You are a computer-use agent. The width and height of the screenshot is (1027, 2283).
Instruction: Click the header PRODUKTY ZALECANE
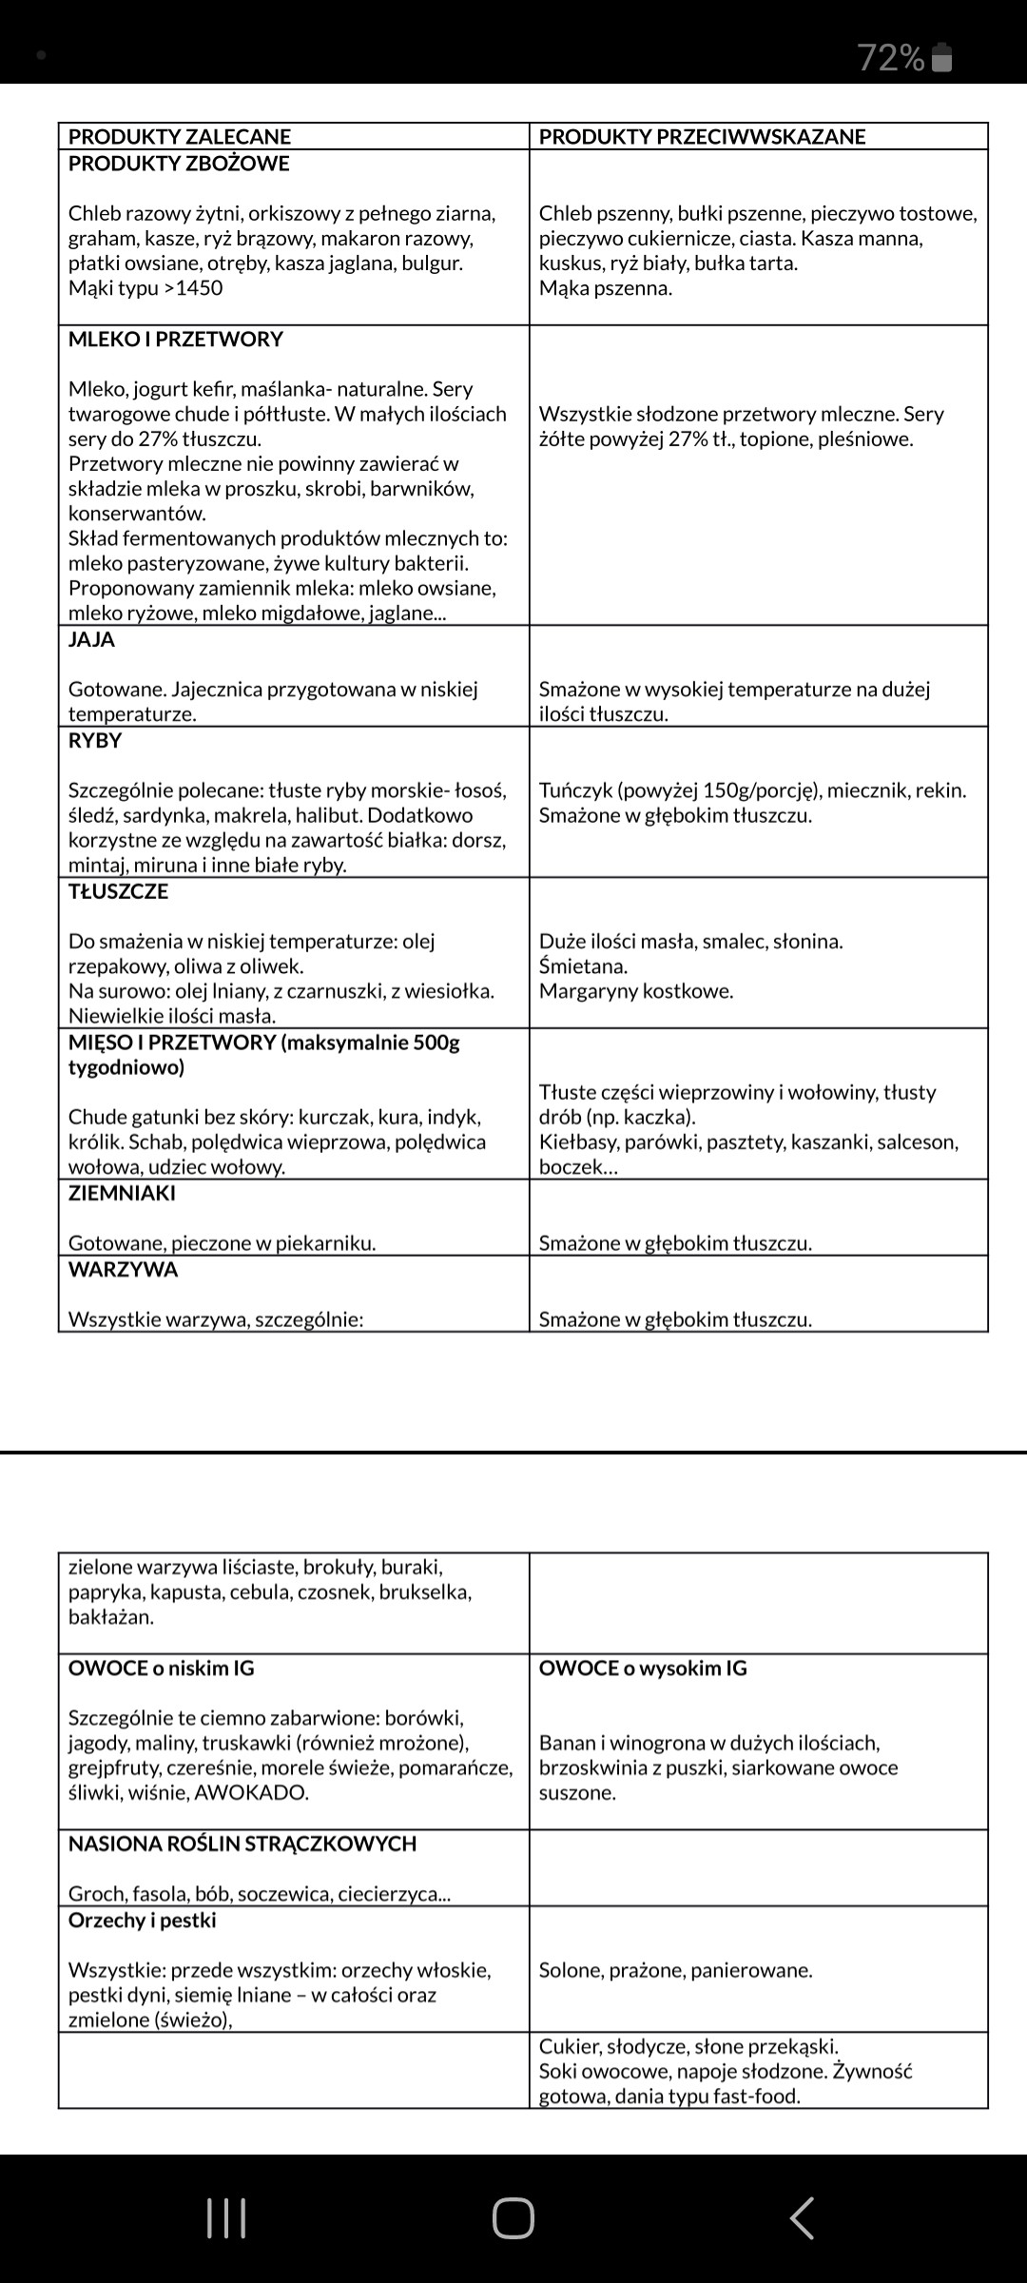click(180, 137)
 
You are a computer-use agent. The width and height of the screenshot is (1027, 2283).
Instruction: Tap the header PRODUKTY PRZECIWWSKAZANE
click(702, 137)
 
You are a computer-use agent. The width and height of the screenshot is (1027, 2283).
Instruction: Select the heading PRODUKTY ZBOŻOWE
click(179, 164)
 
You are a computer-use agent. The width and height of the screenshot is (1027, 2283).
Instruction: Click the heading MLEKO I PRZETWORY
click(176, 340)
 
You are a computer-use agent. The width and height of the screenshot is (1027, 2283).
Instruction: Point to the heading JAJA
click(91, 640)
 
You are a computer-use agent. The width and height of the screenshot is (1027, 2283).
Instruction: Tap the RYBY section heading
click(95, 741)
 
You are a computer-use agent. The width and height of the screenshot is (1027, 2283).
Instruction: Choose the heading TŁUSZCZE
click(118, 892)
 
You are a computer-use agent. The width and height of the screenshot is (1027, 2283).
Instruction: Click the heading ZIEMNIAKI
click(122, 1194)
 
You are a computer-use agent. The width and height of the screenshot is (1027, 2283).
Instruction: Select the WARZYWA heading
click(123, 1270)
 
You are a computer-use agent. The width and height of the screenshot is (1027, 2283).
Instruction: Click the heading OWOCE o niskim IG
click(161, 1668)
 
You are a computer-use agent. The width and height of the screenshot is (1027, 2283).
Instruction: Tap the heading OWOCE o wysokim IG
click(643, 1668)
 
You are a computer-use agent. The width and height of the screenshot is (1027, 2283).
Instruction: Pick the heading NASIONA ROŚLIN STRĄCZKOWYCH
click(242, 1844)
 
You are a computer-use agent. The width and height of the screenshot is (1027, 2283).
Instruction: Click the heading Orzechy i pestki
click(142, 1921)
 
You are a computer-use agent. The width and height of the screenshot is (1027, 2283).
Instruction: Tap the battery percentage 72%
click(891, 58)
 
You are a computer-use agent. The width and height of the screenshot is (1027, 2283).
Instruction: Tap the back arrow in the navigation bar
click(802, 2218)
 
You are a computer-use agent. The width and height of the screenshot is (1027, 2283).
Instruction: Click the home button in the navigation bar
click(513, 2218)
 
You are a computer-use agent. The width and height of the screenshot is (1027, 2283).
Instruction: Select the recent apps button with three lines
click(226, 2218)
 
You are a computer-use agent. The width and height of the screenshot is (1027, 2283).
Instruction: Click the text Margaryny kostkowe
click(636, 991)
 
